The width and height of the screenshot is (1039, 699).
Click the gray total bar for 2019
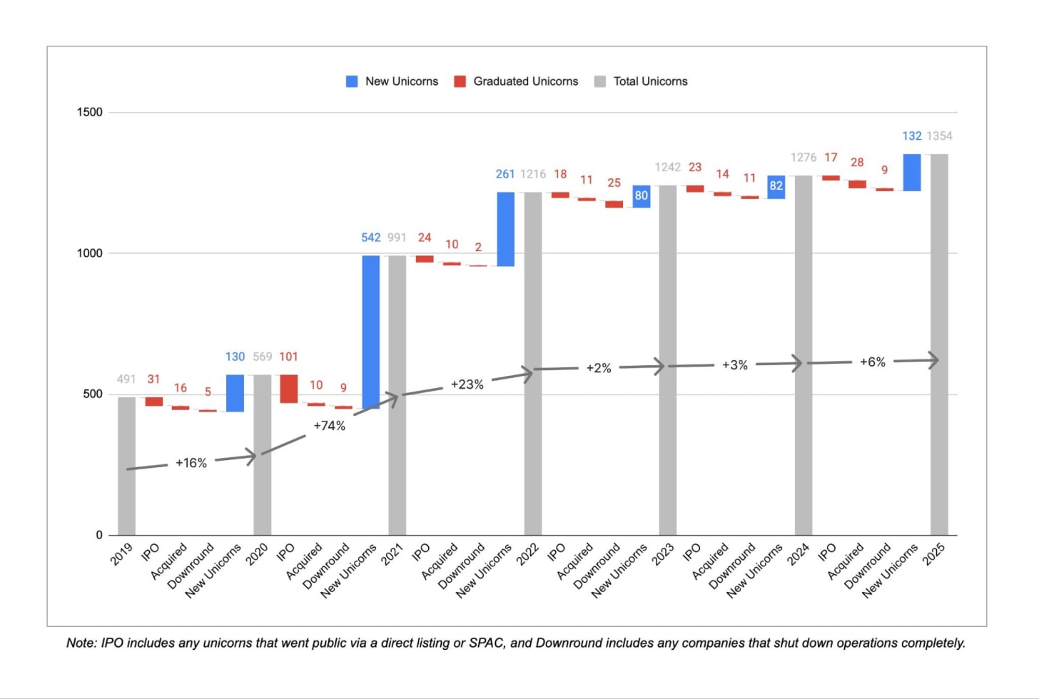(126, 466)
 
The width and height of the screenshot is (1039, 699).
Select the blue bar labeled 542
(370, 332)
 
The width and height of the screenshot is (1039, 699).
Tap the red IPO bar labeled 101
(288, 389)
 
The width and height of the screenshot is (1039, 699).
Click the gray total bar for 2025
(939, 345)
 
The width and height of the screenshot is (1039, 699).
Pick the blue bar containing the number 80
(642, 197)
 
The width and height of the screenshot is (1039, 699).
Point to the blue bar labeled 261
(505, 229)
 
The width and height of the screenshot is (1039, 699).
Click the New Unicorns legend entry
(392, 81)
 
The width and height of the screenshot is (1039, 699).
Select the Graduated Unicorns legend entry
(516, 81)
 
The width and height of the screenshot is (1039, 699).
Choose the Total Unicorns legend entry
(641, 81)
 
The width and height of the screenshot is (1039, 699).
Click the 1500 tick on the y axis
(89, 112)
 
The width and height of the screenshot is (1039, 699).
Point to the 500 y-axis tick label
(93, 394)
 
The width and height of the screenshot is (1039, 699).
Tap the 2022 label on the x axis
(528, 554)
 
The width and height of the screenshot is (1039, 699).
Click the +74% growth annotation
(330, 426)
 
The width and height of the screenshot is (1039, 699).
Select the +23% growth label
(467, 384)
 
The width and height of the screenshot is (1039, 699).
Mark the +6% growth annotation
(873, 362)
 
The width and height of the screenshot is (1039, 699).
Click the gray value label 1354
(939, 136)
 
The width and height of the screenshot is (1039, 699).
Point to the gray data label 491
(126, 379)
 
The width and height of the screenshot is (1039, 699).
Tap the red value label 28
(857, 162)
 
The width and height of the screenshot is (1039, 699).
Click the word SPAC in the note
(487, 643)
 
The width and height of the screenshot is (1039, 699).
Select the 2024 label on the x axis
(799, 554)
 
